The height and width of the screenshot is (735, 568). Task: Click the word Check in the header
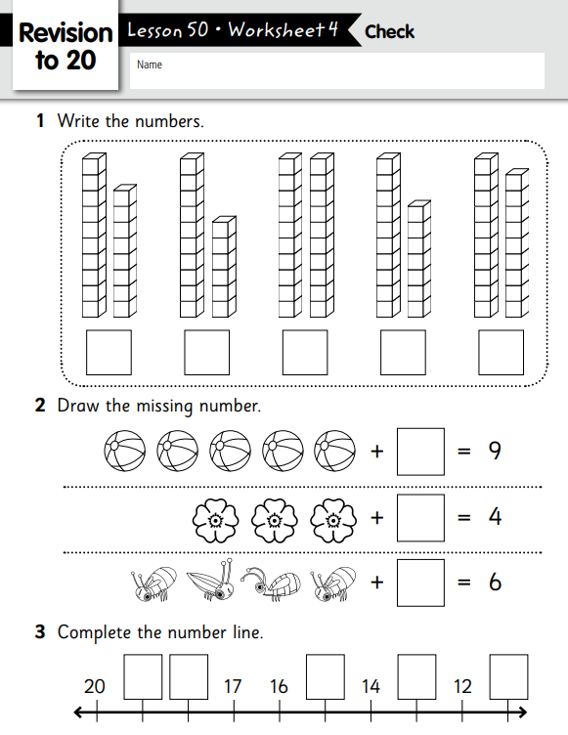tap(389, 32)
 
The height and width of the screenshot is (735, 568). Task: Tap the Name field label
tap(150, 65)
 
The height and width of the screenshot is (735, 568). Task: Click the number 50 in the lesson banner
tap(197, 30)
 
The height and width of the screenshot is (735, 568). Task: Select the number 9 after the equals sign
tap(495, 451)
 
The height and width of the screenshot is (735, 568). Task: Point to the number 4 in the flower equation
tap(495, 517)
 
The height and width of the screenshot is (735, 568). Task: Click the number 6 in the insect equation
tap(495, 583)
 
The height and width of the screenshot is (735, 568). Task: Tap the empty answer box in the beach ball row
tap(420, 452)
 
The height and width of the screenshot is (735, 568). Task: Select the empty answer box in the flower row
tap(420, 517)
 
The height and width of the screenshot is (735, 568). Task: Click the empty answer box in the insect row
tap(420, 583)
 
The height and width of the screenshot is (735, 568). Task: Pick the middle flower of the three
tap(275, 520)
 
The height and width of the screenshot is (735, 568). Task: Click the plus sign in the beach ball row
tap(377, 452)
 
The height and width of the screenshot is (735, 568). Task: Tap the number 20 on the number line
tap(94, 686)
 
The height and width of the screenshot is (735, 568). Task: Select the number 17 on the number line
tap(232, 686)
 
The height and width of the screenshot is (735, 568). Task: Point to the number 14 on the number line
tap(371, 686)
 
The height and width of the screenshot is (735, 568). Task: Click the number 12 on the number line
tap(462, 686)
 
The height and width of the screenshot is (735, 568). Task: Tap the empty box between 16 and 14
tap(325, 677)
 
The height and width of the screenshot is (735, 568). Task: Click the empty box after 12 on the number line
tap(508, 677)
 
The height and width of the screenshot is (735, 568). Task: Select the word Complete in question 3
tap(95, 632)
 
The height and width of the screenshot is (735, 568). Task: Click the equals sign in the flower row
tap(463, 517)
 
